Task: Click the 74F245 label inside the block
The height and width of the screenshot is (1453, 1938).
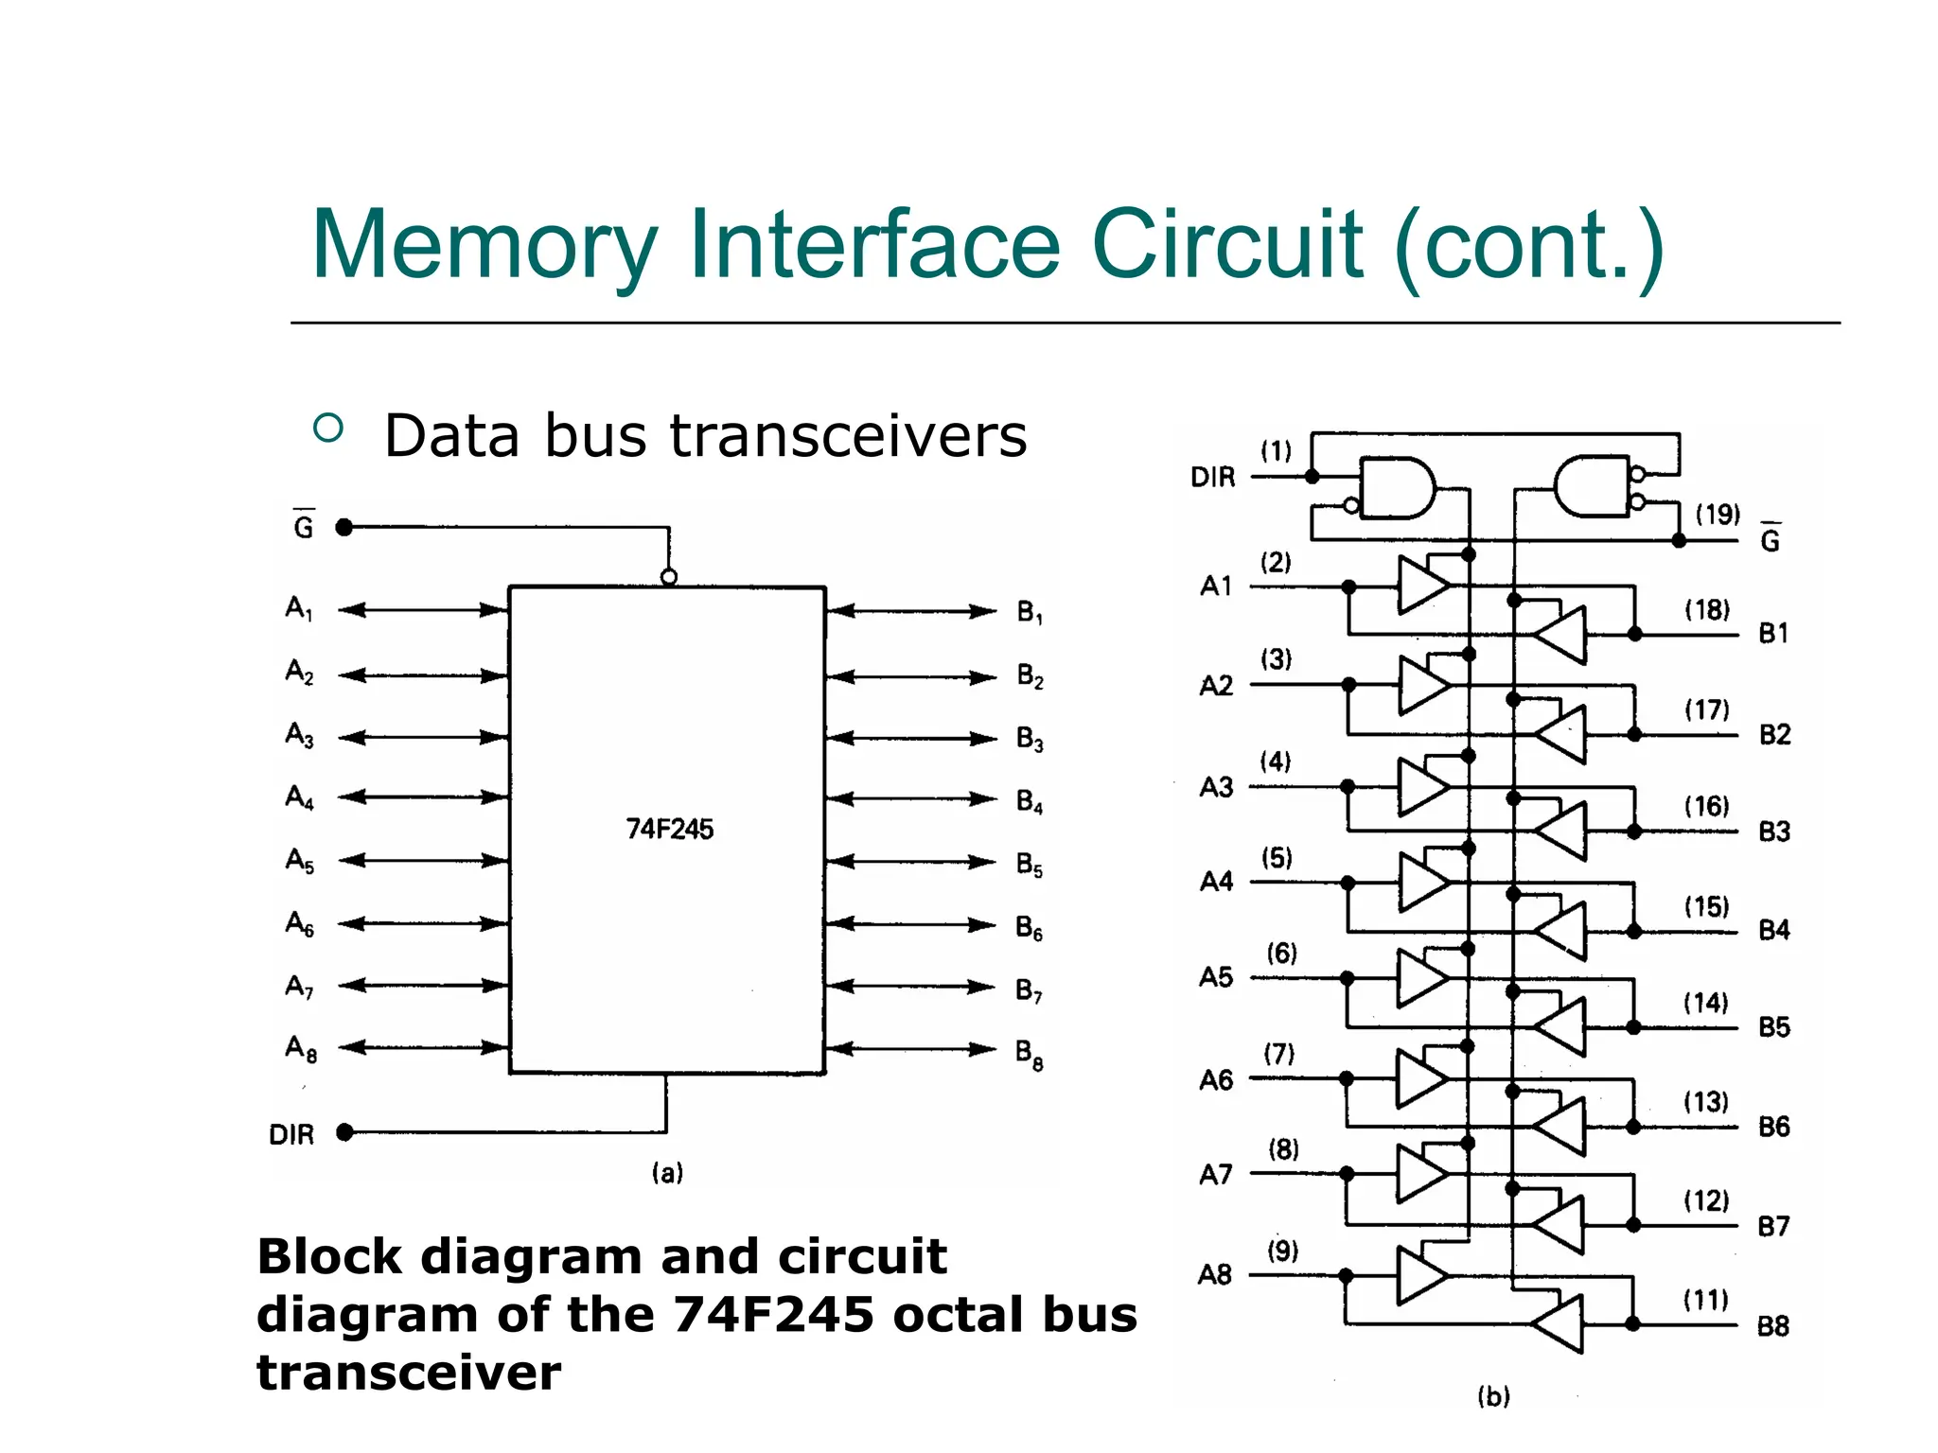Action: coord(669,829)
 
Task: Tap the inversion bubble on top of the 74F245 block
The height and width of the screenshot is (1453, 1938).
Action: coord(669,577)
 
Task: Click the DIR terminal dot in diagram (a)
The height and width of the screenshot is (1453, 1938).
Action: coord(344,1132)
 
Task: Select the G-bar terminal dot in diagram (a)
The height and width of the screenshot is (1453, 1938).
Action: coord(344,527)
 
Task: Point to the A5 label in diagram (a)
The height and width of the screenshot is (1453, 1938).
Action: coord(299,861)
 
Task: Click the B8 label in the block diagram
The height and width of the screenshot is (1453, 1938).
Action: coord(1029,1053)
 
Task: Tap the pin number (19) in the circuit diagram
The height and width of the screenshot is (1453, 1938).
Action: coord(1717,515)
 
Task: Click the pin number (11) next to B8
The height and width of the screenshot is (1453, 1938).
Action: coord(1705,1300)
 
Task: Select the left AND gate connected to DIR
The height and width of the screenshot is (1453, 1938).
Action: coord(1396,488)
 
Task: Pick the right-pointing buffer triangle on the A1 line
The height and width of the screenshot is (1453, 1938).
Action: coord(1422,586)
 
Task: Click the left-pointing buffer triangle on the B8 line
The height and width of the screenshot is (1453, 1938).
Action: coord(1559,1323)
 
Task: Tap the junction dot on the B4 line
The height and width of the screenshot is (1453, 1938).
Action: coord(1634,932)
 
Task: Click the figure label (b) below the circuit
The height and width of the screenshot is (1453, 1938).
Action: coord(1493,1396)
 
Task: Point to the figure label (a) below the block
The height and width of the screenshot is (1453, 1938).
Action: coord(667,1173)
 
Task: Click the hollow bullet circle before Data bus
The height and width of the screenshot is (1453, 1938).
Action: coord(328,429)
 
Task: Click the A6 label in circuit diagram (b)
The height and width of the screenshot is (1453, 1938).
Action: coord(1216,1080)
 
